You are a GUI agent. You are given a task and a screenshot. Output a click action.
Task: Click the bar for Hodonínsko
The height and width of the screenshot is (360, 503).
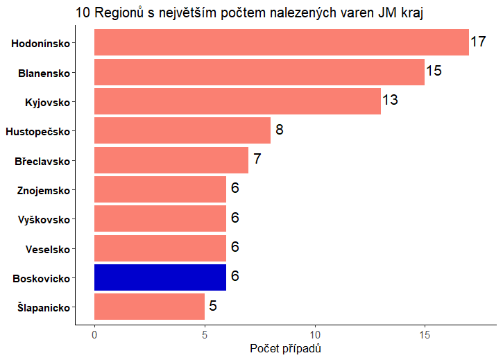(x=281, y=42)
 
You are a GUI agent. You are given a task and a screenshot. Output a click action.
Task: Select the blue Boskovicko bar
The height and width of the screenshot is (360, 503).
(x=160, y=277)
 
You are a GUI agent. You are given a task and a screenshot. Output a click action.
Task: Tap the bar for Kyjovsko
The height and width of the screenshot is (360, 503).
(x=237, y=101)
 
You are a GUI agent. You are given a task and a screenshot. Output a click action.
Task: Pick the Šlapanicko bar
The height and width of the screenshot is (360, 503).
(x=149, y=306)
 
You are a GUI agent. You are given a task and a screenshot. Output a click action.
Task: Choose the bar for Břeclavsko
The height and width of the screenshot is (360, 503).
(x=171, y=160)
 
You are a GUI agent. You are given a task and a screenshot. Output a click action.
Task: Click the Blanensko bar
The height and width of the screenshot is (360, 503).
(x=259, y=72)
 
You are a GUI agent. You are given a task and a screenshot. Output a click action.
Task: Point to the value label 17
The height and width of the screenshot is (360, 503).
(x=478, y=42)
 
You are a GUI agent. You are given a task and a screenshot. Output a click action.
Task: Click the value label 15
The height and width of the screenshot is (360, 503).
(x=434, y=71)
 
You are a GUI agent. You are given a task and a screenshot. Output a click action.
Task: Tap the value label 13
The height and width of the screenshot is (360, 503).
(x=390, y=100)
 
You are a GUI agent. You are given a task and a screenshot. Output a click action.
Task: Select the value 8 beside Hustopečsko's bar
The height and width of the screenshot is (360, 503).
(x=280, y=130)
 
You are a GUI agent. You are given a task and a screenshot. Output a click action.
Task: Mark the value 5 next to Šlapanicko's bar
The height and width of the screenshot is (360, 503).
(x=213, y=305)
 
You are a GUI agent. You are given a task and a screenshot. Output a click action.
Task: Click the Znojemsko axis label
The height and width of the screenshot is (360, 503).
(x=47, y=190)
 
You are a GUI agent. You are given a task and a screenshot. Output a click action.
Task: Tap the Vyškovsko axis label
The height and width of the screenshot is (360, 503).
(x=44, y=220)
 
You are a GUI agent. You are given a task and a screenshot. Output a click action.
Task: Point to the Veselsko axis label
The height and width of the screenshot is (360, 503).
(x=48, y=249)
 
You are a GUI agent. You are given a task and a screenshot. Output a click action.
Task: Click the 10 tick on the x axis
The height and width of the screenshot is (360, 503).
(x=315, y=334)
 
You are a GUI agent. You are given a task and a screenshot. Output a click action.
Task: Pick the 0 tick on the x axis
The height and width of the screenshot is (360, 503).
(x=94, y=334)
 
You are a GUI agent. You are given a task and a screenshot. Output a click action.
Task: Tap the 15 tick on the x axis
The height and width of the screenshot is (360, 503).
(x=425, y=334)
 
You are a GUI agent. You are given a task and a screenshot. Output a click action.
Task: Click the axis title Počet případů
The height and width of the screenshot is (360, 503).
(x=285, y=348)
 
